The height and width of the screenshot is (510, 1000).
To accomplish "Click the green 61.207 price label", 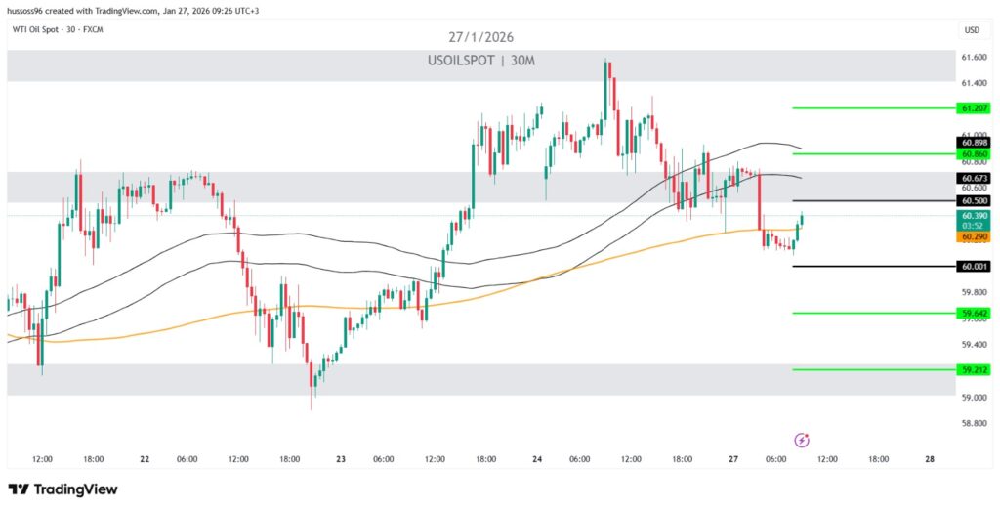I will coord(974,108).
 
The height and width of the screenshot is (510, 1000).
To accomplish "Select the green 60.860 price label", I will coord(974,154).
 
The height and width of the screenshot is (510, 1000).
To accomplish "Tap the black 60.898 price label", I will coord(974,143).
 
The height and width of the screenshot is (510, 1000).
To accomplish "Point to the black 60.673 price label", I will coord(974,178).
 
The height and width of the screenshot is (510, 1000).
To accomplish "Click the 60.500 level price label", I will coord(974,200).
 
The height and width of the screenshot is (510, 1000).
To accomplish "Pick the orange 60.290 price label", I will coord(974,235).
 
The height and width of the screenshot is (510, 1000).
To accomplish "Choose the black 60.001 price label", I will coord(974,266).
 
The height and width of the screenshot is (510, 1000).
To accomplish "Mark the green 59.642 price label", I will coord(974,313).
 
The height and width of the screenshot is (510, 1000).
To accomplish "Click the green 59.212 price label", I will coord(974,369).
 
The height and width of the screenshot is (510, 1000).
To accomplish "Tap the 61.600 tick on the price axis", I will coord(973,57).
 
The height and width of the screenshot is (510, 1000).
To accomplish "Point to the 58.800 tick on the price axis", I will coord(973,423).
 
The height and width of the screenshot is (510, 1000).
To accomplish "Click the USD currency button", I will coord(972,30).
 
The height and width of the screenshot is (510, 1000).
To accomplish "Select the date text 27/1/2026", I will coord(479,37).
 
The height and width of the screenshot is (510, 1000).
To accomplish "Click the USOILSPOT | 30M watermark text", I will coord(479,61).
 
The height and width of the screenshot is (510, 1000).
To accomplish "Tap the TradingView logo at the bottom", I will coord(62,489).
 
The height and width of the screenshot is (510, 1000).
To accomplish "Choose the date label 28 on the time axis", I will coord(929,458).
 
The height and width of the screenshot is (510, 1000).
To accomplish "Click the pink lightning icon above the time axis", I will coord(802,440).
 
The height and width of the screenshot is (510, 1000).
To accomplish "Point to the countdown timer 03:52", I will coord(974,225).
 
